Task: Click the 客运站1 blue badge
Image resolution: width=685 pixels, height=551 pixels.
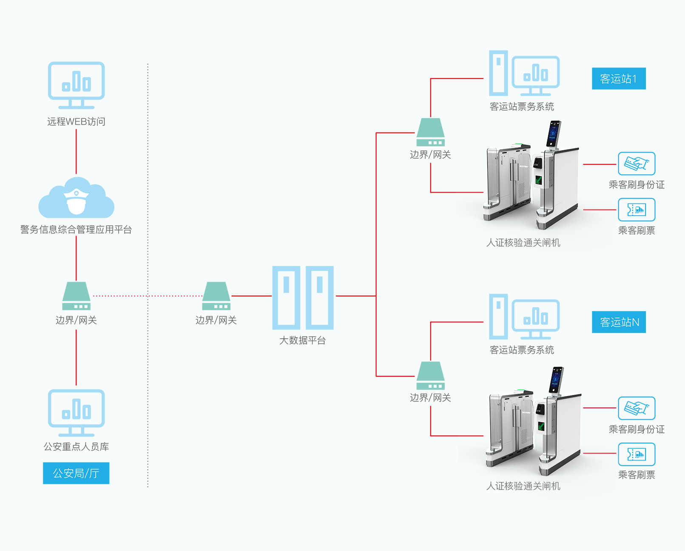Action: click(619, 78)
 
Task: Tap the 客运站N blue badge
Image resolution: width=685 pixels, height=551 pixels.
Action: click(619, 322)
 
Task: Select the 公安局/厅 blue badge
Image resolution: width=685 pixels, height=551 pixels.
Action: click(76, 473)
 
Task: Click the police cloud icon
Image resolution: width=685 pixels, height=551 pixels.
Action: click(76, 198)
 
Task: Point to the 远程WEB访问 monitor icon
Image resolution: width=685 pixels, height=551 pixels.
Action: click(76, 85)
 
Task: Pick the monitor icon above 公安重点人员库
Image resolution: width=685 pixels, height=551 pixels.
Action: click(76, 413)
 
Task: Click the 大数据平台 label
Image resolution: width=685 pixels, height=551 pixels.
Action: click(302, 340)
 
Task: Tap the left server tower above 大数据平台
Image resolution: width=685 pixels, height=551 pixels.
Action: click(286, 298)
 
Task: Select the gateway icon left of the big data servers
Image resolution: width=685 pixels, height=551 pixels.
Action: click(216, 296)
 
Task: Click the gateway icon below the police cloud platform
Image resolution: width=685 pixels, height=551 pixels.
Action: click(76, 296)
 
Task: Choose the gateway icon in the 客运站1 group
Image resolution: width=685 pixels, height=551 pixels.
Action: click(430, 132)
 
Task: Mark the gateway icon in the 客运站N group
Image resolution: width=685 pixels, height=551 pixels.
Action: click(430, 375)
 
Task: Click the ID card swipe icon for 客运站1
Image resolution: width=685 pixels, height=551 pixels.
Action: click(637, 164)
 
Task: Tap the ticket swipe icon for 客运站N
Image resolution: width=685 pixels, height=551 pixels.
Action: click(637, 454)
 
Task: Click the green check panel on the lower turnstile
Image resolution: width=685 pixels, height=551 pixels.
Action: click(541, 426)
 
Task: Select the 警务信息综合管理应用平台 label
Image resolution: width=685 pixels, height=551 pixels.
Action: click(76, 230)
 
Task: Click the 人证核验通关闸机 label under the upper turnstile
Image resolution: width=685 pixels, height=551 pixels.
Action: click(523, 243)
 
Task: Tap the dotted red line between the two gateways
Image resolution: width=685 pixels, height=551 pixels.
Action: click(148, 296)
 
